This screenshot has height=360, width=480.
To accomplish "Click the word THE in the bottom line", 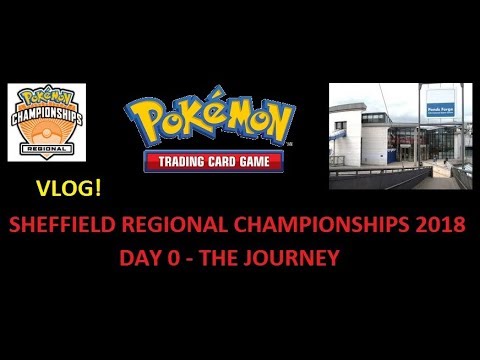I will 230,257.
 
